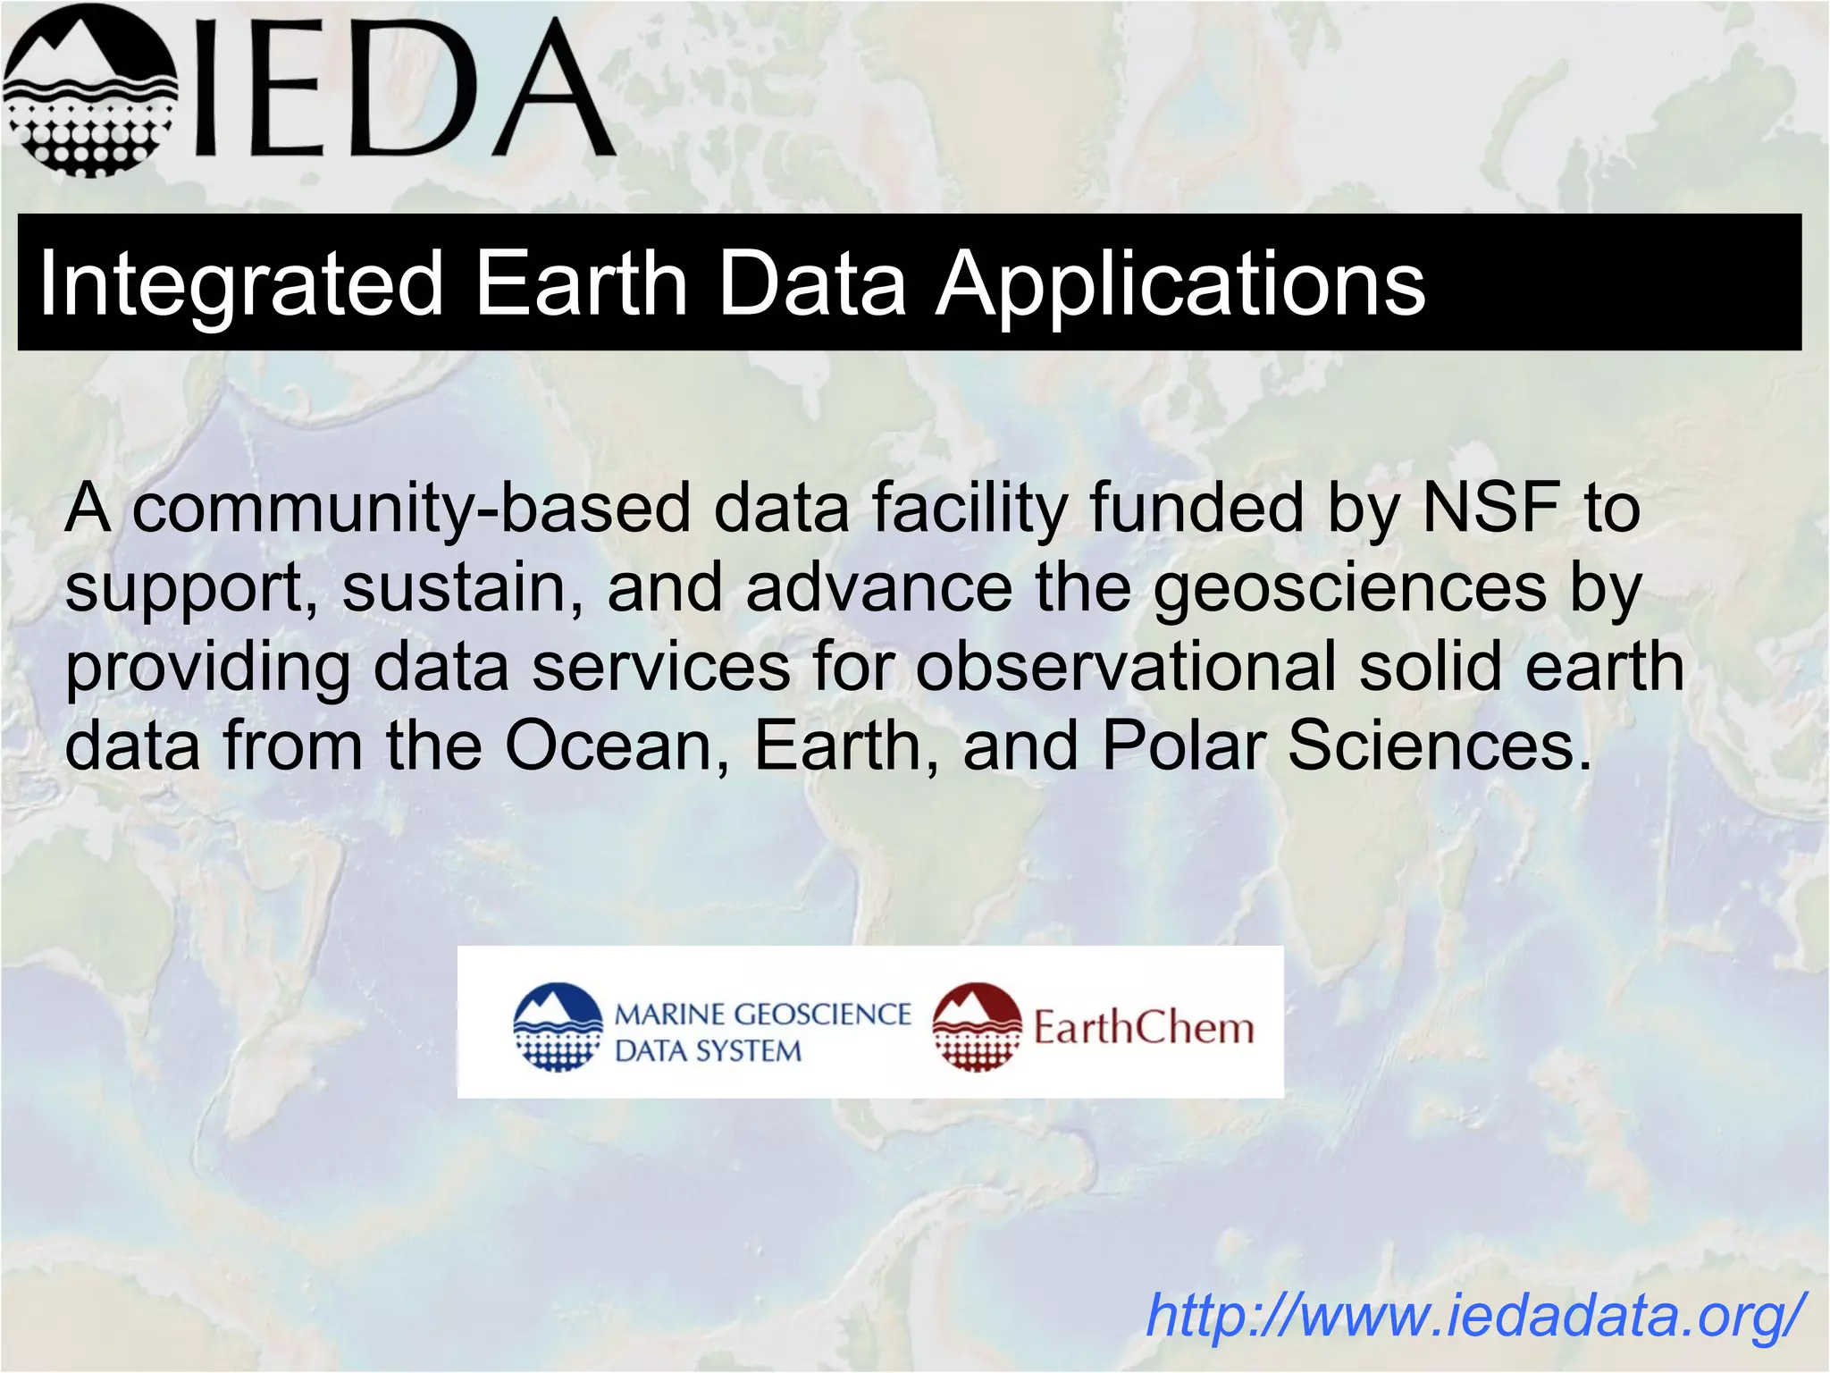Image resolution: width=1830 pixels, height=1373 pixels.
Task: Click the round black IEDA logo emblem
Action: point(89,89)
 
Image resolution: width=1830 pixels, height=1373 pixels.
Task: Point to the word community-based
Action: point(412,509)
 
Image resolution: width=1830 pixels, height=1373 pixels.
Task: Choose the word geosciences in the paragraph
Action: point(1350,589)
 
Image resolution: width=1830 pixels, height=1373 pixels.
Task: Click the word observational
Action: point(1125,666)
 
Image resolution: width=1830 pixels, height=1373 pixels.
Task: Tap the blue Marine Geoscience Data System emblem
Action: point(558,1027)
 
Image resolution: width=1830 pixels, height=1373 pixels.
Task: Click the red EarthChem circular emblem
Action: point(977,1027)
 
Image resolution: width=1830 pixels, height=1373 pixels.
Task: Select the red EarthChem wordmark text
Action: point(1144,1027)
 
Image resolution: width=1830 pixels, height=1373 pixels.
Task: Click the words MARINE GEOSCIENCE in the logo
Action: point(762,1015)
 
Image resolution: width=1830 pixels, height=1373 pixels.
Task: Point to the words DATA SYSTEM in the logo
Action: point(708,1051)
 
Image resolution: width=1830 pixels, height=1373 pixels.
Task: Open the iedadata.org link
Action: point(1474,1315)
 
